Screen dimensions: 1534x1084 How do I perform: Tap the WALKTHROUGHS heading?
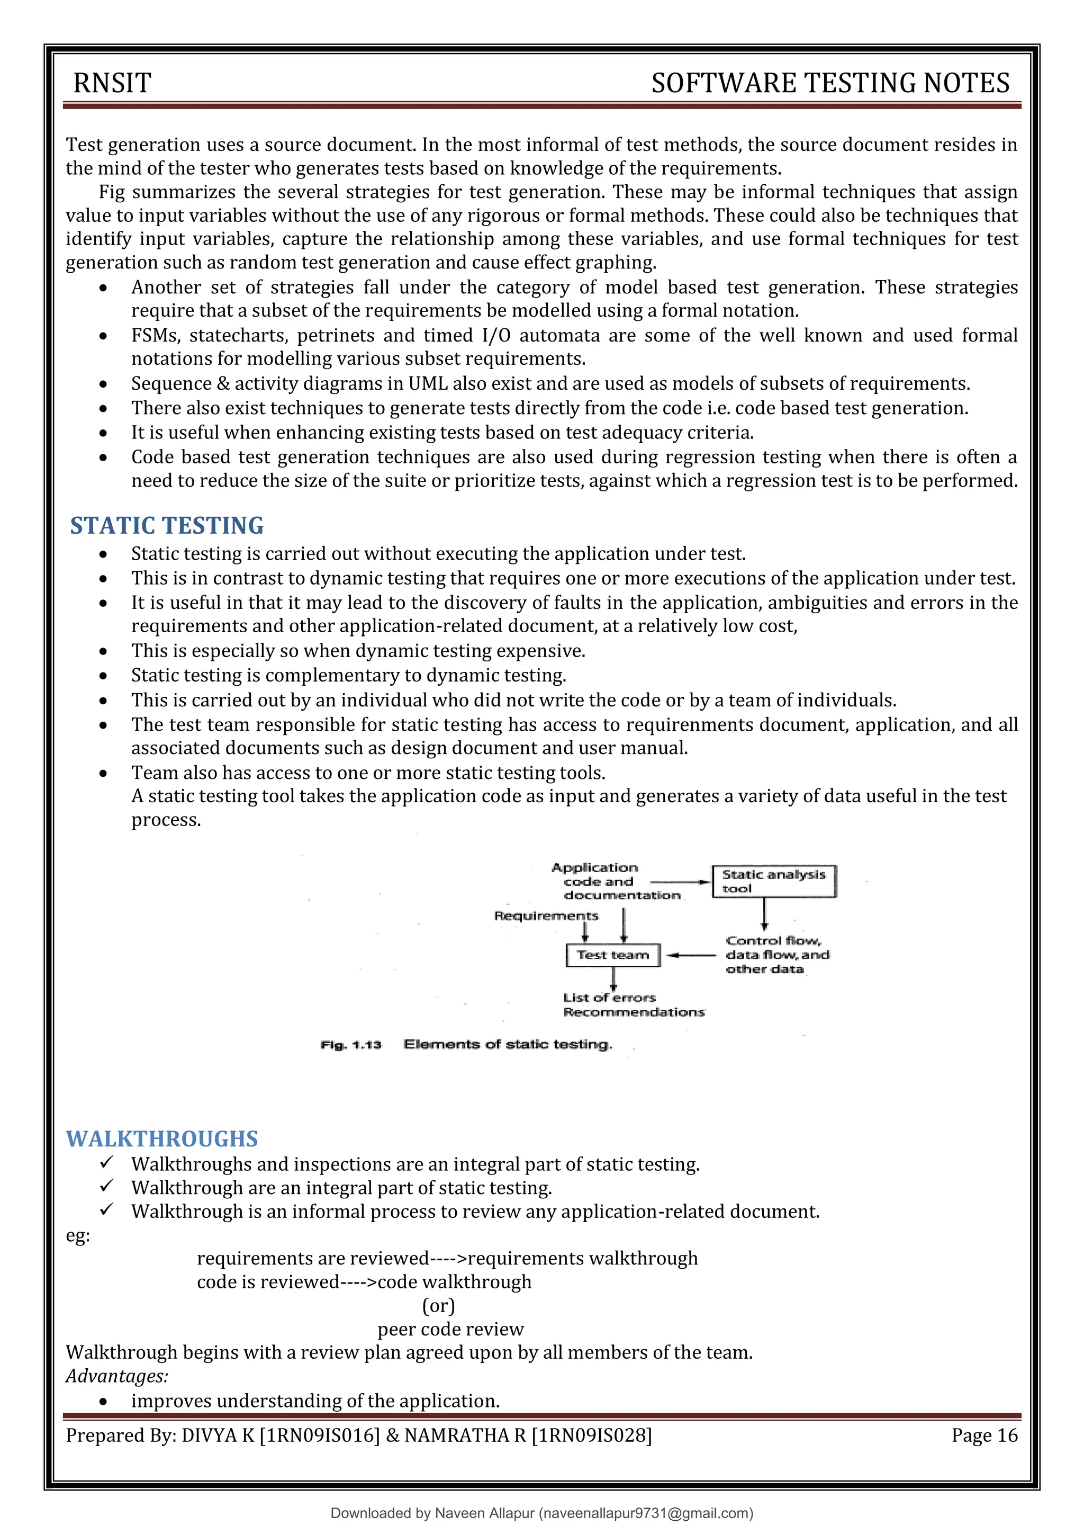point(161,1138)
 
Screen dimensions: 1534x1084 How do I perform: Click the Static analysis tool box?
point(773,881)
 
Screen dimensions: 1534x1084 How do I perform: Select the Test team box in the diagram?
point(612,955)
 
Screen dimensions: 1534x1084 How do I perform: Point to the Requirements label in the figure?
point(546,916)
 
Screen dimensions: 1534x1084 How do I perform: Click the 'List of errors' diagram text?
point(609,998)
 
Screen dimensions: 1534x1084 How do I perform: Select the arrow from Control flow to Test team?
point(692,955)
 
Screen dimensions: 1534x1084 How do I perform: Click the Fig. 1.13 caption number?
point(350,1044)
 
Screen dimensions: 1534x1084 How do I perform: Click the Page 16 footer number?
point(984,1435)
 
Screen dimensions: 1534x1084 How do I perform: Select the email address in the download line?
point(645,1513)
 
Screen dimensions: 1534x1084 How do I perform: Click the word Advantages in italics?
point(117,1376)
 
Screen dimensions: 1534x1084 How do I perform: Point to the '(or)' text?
point(438,1305)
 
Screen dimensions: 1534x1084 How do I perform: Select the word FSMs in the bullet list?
point(155,335)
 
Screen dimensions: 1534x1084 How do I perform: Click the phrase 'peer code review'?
point(451,1329)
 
